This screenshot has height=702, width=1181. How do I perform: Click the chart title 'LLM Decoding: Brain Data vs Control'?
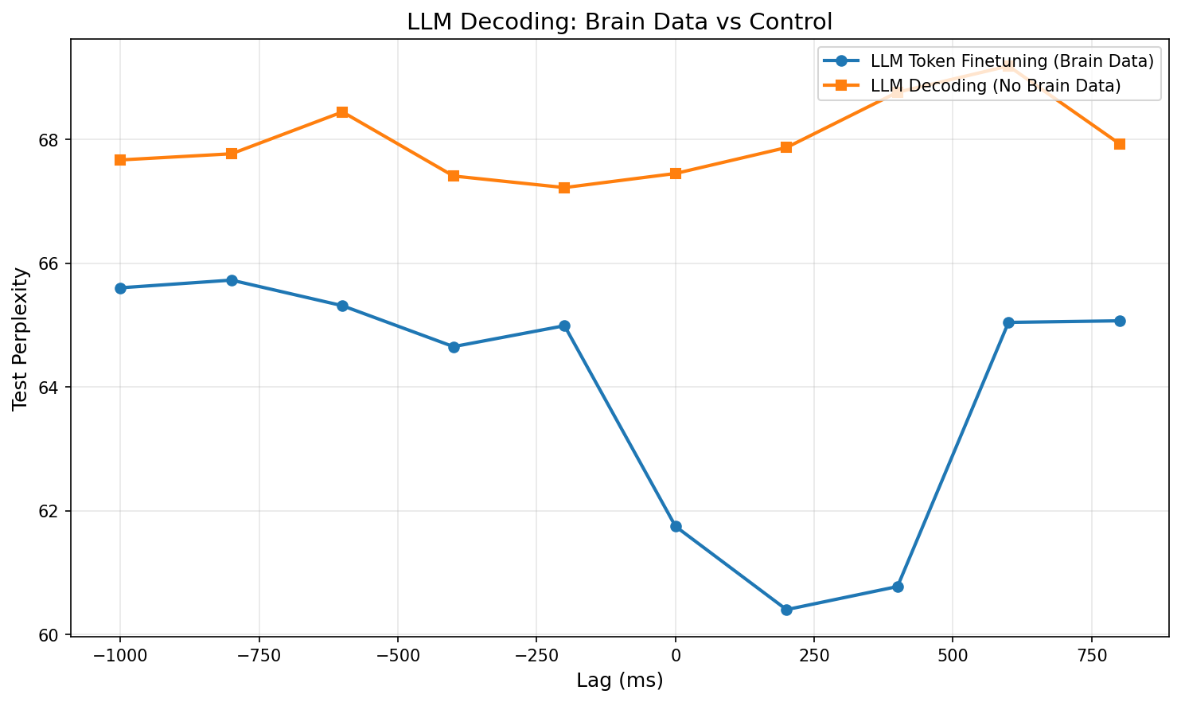click(619, 21)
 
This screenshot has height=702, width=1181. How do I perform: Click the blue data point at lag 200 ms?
click(786, 610)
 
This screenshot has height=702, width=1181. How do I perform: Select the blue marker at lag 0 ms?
click(676, 526)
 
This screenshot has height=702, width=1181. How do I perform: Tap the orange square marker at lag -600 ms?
click(342, 112)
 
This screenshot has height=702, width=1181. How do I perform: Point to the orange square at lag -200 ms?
click(564, 188)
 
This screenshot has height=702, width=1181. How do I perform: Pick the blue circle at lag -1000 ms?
click(120, 288)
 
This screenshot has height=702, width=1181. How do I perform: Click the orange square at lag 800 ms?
click(1120, 144)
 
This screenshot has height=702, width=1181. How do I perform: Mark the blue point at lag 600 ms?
click(1008, 322)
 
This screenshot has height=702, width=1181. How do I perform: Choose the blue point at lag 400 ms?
click(898, 587)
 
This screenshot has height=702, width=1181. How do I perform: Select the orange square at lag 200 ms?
click(786, 147)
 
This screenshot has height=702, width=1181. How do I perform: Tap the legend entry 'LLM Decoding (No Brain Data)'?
click(996, 86)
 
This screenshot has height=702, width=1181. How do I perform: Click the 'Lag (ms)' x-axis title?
click(619, 681)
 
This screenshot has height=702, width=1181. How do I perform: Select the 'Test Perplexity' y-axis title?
click(21, 337)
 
